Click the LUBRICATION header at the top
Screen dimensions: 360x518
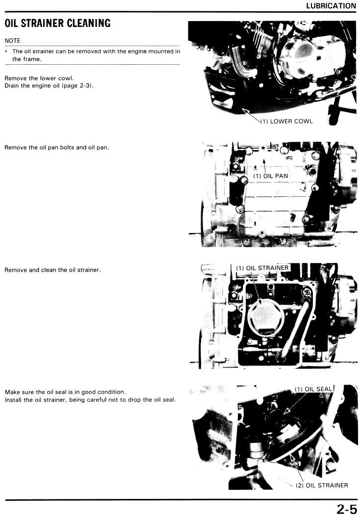click(331, 5)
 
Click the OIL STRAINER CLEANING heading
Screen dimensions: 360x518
click(57, 23)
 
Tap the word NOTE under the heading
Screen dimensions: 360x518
click(13, 41)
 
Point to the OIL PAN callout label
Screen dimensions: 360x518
click(271, 176)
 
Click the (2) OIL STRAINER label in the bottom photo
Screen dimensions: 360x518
click(322, 485)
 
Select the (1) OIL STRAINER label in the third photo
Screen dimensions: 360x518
click(262, 268)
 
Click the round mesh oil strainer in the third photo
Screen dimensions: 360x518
click(266, 317)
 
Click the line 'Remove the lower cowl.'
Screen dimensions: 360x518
click(39, 78)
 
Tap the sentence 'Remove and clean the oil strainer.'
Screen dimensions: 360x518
click(53, 270)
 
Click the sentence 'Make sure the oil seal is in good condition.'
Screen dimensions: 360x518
click(65, 392)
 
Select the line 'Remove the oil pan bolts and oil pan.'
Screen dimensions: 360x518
click(57, 147)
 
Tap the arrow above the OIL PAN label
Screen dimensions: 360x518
click(264, 165)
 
